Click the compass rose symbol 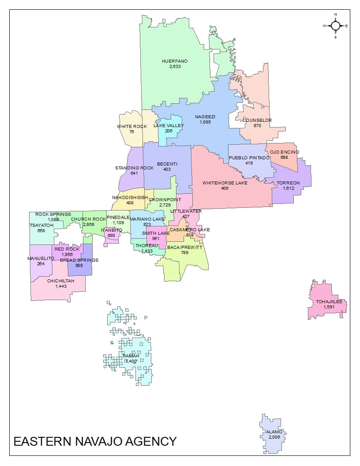[335, 26]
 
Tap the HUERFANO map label [174, 61]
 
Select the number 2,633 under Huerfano [174, 67]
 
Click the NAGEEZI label [205, 116]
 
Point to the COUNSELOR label [257, 120]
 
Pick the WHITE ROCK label [132, 127]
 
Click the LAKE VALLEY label [169, 126]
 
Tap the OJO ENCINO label [285, 152]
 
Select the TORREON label [288, 183]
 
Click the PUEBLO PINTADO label [249, 158]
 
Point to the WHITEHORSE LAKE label [225, 183]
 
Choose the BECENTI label [167, 164]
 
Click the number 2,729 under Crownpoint [165, 205]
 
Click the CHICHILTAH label [60, 281]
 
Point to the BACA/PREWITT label [184, 247]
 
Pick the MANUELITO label [41, 258]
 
